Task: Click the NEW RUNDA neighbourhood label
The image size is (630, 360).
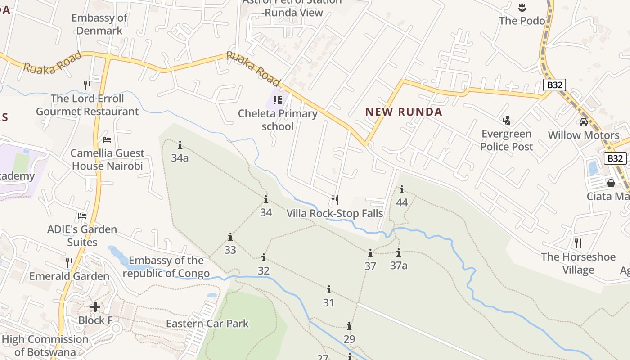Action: coord(404,112)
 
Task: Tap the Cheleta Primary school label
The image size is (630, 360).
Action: coord(278,120)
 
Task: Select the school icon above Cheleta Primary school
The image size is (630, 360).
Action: coord(277,100)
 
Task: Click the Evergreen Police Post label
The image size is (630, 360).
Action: coord(507,140)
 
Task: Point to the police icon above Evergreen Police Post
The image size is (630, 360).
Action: coord(507,120)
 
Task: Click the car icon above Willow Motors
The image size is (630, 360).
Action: coord(583,121)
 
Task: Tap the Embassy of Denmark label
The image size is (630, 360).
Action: coord(99,24)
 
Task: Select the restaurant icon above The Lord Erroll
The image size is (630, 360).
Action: coord(87,85)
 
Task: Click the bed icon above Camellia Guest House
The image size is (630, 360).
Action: coord(107,140)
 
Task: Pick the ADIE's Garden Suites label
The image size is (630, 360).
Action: coord(82,236)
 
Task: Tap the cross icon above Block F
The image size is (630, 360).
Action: coord(95,307)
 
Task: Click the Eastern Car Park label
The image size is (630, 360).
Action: coord(207,324)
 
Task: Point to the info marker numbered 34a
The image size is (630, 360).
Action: coord(180,145)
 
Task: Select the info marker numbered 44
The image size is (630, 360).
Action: coord(402,190)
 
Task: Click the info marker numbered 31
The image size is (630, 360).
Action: coord(329,289)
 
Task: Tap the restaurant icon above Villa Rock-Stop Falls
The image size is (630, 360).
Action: coord(335,200)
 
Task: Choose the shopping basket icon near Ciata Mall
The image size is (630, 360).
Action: coord(611,183)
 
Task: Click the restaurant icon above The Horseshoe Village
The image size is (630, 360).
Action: coord(578,243)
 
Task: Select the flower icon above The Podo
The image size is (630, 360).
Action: coord(522,7)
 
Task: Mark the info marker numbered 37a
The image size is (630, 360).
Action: coord(399,253)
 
